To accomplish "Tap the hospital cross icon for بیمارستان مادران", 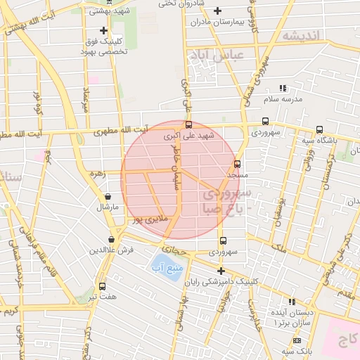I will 217,11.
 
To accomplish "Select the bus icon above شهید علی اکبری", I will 188,124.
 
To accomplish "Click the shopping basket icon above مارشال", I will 108,197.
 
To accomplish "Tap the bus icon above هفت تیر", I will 103,286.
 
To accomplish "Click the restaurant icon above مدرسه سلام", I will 283,89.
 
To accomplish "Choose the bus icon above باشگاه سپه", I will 319,129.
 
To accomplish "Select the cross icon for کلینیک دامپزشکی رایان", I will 221,271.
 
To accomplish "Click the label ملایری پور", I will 152,219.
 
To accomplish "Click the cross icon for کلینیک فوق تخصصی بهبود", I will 103,30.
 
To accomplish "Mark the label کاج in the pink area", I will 345,342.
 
